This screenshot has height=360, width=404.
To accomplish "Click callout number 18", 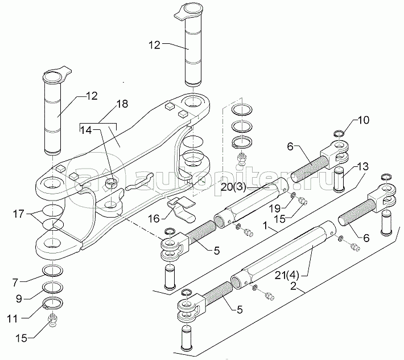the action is pyautogui.click(x=122, y=104).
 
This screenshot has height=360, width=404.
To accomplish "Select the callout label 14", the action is pyautogui.click(x=86, y=130).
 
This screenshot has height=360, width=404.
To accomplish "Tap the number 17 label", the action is pyautogui.click(x=19, y=214).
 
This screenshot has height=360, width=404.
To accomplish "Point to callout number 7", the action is pyautogui.click(x=15, y=283).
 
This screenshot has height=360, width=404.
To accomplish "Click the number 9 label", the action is pyautogui.click(x=19, y=298).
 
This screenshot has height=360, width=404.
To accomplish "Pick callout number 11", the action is pyautogui.click(x=12, y=319).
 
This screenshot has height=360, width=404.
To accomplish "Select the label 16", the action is pyautogui.click(x=154, y=219).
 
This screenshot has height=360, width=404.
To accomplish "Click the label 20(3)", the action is pyautogui.click(x=234, y=187).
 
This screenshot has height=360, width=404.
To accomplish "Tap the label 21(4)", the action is pyautogui.click(x=287, y=276).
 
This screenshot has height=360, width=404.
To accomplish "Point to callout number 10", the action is pyautogui.click(x=363, y=120).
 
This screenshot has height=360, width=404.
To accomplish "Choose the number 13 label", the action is pyautogui.click(x=363, y=166).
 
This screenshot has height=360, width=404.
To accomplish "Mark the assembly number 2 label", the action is pyautogui.click(x=293, y=286).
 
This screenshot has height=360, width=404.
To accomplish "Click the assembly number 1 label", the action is pyautogui.click(x=265, y=226).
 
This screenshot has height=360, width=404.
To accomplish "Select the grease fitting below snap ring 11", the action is pyautogui.click(x=52, y=321).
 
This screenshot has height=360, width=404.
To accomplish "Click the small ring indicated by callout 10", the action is pyautogui.click(x=339, y=134).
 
